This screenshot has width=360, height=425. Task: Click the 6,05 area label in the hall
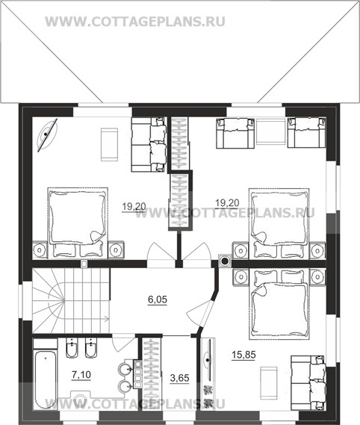[x=158, y=300]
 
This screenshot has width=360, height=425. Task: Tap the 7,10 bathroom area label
[x=81, y=375]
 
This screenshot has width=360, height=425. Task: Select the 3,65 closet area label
[x=179, y=378]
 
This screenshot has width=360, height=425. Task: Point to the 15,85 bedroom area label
[x=243, y=355]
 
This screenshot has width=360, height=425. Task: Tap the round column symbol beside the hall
[x=225, y=261]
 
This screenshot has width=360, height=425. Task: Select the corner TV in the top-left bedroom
[x=47, y=135]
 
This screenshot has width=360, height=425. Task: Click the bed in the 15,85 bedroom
[x=279, y=304]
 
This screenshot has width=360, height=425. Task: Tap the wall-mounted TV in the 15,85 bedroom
[x=208, y=361]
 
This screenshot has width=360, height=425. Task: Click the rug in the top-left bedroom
[x=109, y=144]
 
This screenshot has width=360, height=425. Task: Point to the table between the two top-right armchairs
[x=271, y=132]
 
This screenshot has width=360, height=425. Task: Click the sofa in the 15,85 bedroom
[x=308, y=382]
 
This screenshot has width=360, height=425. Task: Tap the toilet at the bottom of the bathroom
[x=79, y=400]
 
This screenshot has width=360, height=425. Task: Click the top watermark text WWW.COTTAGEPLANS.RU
[x=135, y=22]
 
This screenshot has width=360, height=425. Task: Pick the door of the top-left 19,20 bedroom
[x=160, y=252]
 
